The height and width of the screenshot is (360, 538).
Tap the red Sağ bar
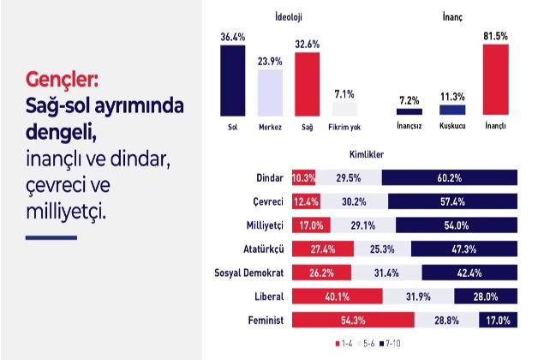307,83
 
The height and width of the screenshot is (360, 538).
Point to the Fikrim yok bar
344,109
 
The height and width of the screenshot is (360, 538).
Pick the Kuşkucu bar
452,110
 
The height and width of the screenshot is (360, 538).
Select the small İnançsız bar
409,111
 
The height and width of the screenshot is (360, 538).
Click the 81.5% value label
495,37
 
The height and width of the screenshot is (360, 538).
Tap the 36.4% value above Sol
232,37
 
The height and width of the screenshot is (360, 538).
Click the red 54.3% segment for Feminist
353,321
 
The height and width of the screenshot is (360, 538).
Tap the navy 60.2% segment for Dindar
450,178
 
